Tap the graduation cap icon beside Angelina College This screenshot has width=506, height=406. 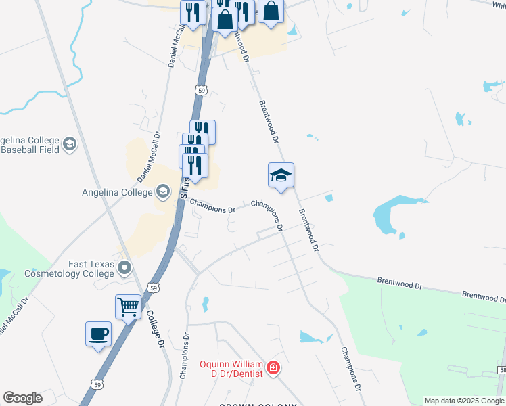point(162,192)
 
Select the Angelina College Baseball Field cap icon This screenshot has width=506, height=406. point(70,144)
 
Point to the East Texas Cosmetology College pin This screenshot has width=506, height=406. point(124,269)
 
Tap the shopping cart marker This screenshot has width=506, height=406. point(128,308)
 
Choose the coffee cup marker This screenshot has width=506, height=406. point(98,334)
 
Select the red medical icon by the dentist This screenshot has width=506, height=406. point(273,368)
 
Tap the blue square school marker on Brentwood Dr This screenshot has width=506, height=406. point(281,176)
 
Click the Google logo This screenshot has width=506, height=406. point(23,398)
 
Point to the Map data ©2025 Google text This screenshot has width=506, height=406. point(463,401)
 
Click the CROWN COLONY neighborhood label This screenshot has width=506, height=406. point(258,405)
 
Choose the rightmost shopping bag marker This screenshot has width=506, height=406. point(271,12)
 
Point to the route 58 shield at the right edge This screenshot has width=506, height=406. point(503,369)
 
